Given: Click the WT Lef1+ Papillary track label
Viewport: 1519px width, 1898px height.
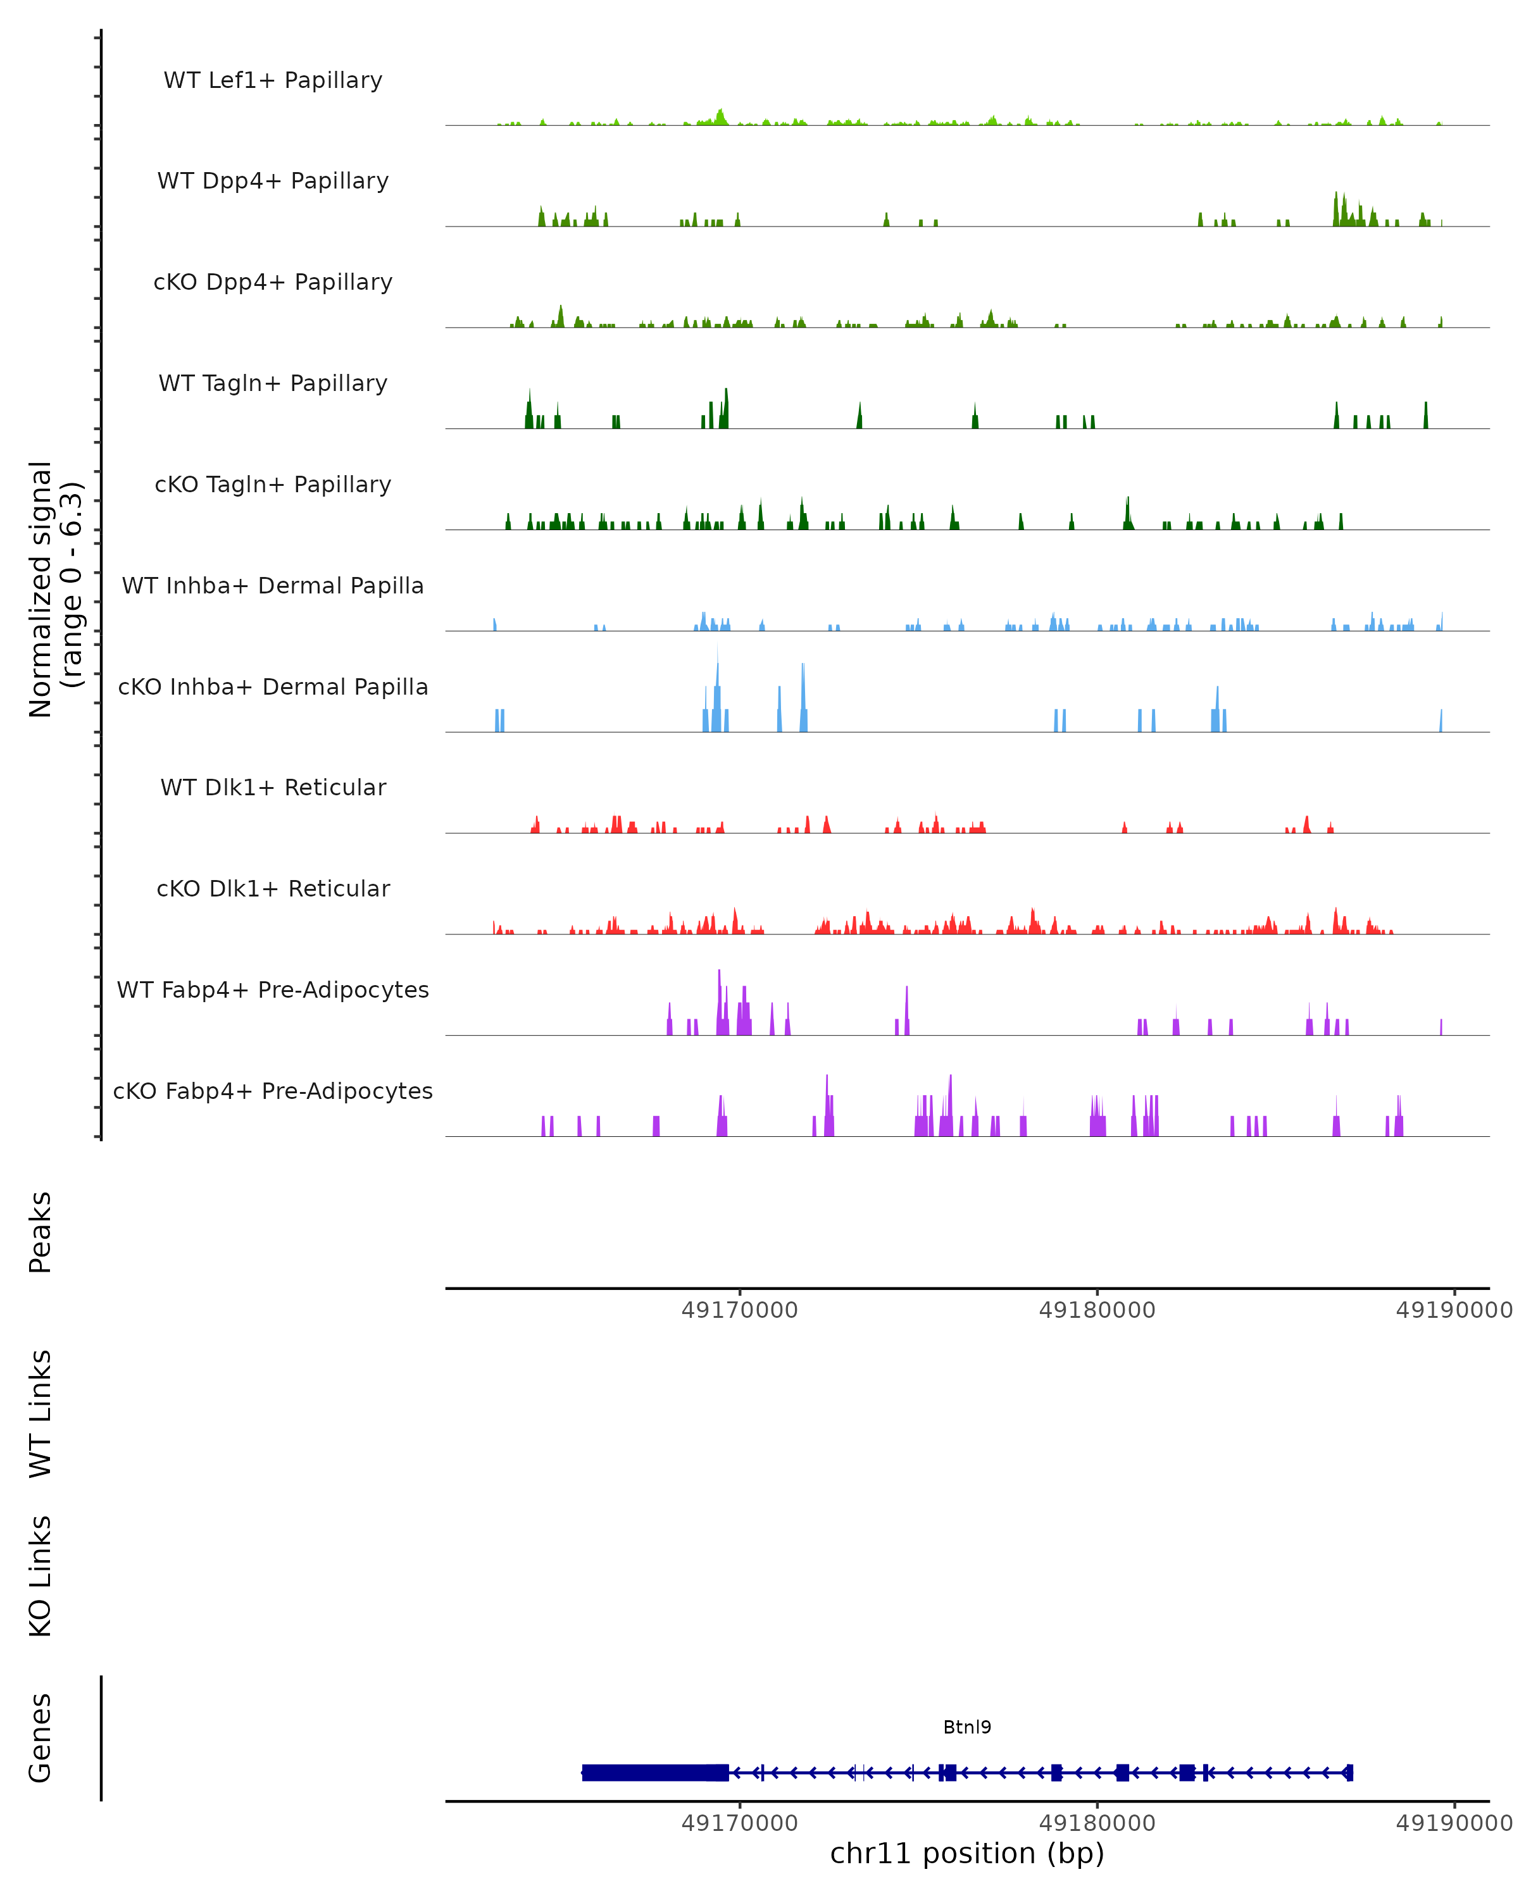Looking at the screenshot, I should pyautogui.click(x=273, y=80).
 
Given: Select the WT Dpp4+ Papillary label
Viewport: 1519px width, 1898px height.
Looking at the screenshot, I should pyautogui.click(x=273, y=182).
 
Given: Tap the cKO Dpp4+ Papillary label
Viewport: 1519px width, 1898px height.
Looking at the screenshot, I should pyautogui.click(x=273, y=283).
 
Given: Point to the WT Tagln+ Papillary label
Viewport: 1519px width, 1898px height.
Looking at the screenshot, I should pyautogui.click(x=273, y=384).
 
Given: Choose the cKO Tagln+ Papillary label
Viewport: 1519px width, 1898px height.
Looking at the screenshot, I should pyautogui.click(x=273, y=485).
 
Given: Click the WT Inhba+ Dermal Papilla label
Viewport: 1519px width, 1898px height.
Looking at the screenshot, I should pyautogui.click(x=273, y=586).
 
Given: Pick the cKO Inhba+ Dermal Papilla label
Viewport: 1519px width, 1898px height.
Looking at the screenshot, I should pyautogui.click(x=273, y=688).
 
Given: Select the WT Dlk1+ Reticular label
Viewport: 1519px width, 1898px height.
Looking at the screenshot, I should pyautogui.click(x=273, y=788).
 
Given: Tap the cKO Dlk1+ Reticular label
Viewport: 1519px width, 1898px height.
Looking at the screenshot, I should pyautogui.click(x=273, y=889).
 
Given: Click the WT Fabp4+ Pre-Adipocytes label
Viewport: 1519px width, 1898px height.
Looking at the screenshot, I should pyautogui.click(x=273, y=990).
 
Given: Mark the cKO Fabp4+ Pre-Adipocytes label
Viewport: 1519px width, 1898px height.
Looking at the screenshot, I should pyautogui.click(x=273, y=1091).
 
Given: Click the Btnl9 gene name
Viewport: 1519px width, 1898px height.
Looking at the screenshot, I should pyautogui.click(x=967, y=1727).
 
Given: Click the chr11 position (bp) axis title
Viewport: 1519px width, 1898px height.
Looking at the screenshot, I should pyautogui.click(x=967, y=1853).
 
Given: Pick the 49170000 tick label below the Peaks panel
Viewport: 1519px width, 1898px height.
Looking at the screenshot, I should pyautogui.click(x=740, y=1310).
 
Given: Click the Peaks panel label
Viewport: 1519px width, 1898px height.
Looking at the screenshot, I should pyautogui.click(x=41, y=1232).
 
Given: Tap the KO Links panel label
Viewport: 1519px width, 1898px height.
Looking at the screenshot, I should pyautogui.click(x=41, y=1576).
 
